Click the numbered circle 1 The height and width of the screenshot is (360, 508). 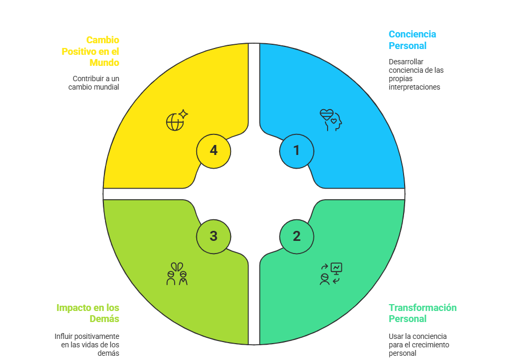[296, 151]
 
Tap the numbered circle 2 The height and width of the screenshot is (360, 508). [296, 236]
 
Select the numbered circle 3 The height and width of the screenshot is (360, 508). [213, 236]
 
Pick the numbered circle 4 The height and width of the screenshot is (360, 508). [213, 151]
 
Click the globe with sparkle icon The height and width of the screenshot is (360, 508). [177, 120]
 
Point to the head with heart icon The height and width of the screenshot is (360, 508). [331, 120]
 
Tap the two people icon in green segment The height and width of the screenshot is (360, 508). [177, 274]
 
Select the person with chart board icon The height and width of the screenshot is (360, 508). [331, 274]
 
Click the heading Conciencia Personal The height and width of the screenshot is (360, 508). [412, 40]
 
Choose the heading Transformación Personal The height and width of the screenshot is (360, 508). [423, 313]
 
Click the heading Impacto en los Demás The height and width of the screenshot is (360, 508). [88, 313]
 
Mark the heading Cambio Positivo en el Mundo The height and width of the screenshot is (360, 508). [90, 51]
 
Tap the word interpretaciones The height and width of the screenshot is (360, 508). [414, 86]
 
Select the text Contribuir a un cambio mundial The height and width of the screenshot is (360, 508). [94, 83]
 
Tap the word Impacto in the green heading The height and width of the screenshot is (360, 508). [72, 308]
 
